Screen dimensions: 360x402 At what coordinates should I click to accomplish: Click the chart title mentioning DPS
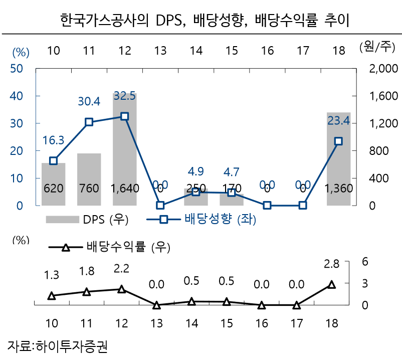point(200,21)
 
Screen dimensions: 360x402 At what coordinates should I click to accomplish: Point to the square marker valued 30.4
point(89,122)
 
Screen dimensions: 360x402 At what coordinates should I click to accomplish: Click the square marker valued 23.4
point(338,141)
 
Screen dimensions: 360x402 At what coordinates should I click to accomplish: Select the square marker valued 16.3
point(53,160)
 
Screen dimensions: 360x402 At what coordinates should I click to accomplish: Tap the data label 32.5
point(125,96)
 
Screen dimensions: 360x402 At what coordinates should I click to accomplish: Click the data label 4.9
point(196,171)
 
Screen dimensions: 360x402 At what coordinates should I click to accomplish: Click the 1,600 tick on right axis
point(383,96)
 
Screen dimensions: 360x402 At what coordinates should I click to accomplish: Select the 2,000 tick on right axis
point(383,69)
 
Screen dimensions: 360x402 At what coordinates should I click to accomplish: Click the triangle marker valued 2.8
point(331,284)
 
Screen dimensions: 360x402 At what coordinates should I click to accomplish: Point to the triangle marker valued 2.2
point(121,289)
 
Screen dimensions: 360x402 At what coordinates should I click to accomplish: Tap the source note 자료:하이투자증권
point(58,346)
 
